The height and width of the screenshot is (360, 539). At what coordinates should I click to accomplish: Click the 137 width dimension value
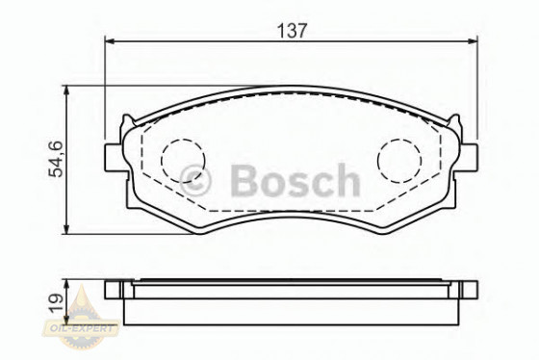(x=292, y=31)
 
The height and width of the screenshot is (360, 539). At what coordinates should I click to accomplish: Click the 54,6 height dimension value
(x=56, y=159)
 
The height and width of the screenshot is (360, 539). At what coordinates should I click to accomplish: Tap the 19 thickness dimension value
(x=56, y=303)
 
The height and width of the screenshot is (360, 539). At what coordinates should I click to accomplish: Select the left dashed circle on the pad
(x=183, y=161)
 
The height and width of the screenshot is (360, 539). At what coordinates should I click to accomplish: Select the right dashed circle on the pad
(x=399, y=161)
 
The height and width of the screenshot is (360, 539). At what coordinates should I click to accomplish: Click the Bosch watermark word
(x=295, y=181)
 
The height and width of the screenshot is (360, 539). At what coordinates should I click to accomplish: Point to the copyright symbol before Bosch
(x=194, y=181)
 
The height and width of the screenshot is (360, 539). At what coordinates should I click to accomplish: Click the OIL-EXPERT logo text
(x=81, y=327)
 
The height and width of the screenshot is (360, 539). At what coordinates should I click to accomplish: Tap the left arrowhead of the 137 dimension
(x=110, y=41)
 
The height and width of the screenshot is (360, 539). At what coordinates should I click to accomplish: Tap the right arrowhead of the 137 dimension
(x=473, y=41)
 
